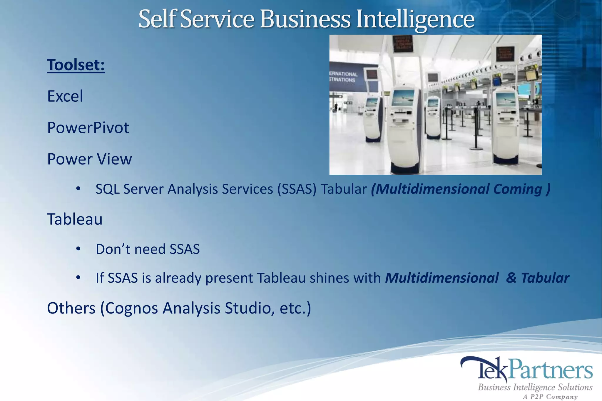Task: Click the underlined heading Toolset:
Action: [76, 65]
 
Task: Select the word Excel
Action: [65, 96]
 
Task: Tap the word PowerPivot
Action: [88, 128]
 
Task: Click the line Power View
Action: [89, 159]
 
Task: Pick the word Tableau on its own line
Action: [75, 219]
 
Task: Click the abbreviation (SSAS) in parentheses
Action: [297, 189]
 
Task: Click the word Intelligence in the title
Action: [415, 19]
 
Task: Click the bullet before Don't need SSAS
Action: [78, 249]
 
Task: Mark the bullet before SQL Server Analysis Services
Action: [78, 189]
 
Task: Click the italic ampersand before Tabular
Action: [511, 278]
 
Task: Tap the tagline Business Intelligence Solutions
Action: [535, 387]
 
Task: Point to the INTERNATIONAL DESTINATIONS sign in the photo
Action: [343, 77]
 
